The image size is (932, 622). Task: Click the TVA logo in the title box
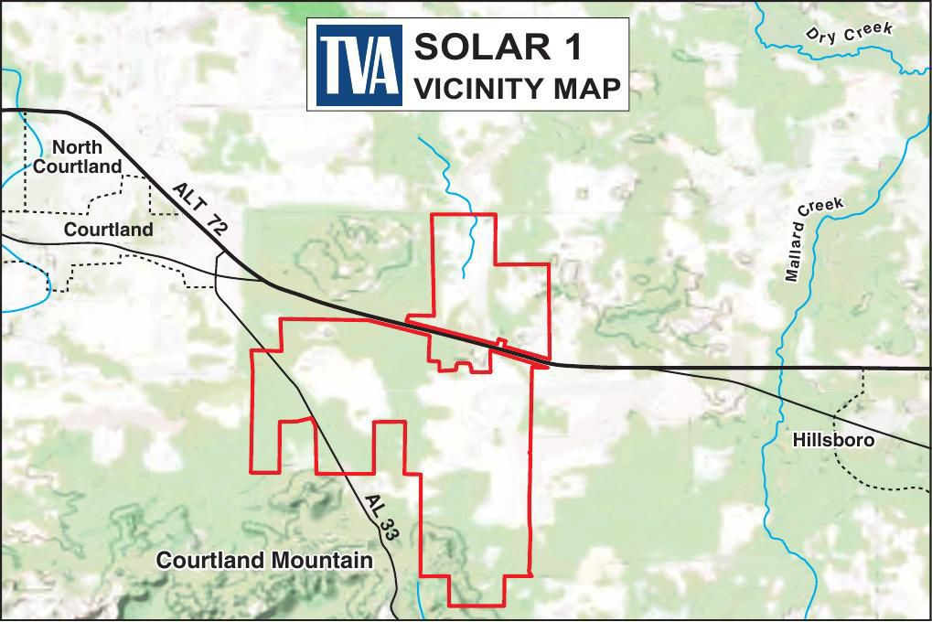point(359,64)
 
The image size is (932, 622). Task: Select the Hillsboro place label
point(833,440)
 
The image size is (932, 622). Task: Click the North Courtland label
point(77,156)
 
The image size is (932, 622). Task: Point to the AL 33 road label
point(380,518)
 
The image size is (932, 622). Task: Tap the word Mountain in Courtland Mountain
point(319,560)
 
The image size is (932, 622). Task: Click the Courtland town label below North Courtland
point(108,230)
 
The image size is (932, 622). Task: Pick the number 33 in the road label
point(387,527)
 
